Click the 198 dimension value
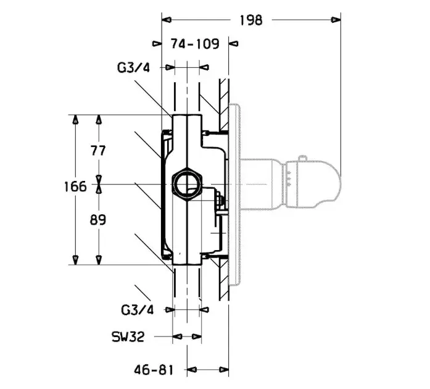[250, 20]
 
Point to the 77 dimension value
[99, 149]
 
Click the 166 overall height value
[75, 185]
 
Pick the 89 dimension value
[99, 220]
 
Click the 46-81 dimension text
[154, 370]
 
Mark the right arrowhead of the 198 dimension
[337, 20]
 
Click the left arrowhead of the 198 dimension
[165, 20]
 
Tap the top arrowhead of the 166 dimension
[76, 119]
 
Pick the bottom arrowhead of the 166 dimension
[76, 260]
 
